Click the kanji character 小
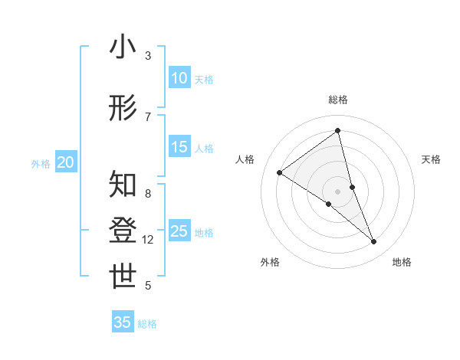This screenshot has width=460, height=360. coord(123,47)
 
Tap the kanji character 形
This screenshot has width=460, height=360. coord(123,108)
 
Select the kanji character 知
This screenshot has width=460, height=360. coord(123,184)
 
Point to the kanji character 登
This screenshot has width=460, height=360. coord(123,231)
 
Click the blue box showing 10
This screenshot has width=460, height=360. coord(179,78)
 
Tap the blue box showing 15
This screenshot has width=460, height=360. coord(179,147)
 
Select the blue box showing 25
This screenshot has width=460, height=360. coord(179,231)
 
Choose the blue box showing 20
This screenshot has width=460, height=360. coord(66,162)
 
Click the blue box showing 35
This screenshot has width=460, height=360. coord(123,322)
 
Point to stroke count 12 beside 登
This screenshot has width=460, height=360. coord(148,240)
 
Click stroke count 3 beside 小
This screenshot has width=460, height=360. coord(148,56)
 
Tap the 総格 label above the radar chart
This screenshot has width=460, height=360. coord(337,100)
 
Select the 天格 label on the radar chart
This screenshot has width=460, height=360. coord(431,159)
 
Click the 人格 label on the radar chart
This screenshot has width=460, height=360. coord(245,159)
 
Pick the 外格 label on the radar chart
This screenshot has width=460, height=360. coord(270,262)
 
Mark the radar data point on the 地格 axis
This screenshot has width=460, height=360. coord(374,242)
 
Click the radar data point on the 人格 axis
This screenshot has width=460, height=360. coord(279,172)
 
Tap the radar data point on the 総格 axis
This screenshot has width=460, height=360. coord(337,130)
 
